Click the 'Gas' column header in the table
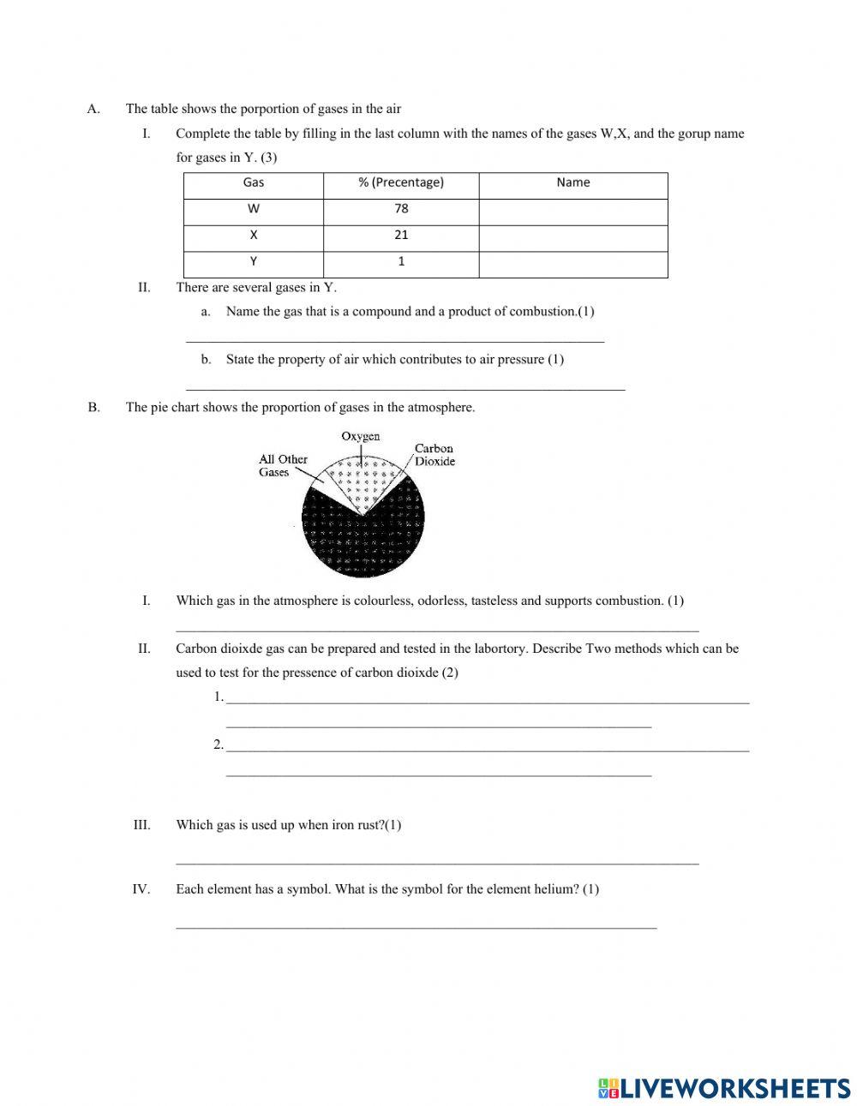tap(254, 182)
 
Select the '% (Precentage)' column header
tap(401, 182)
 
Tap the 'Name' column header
tap(572, 182)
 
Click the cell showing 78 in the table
tap(401, 209)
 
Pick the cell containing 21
tap(401, 235)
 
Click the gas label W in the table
tap(254, 209)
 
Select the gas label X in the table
tap(254, 235)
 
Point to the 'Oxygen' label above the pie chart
tap(360, 436)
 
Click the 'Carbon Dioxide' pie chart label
tap(434, 455)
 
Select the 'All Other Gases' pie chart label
tap(283, 465)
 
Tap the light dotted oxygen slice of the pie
tap(362, 483)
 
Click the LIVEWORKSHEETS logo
tap(724, 1088)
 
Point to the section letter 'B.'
tap(93, 408)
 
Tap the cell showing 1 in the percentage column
tap(401, 262)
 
